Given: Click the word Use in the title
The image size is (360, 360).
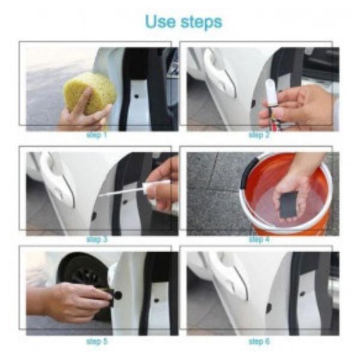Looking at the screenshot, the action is [160, 22].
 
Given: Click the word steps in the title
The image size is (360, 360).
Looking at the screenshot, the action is [202, 23].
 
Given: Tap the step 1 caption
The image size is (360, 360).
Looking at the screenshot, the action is [97, 135].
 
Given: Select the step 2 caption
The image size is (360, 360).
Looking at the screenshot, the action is [259, 135].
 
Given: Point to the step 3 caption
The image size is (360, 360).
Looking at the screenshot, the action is [97, 239].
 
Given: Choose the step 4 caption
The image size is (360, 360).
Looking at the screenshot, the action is [259, 239].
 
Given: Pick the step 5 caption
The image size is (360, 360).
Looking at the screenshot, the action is [97, 341].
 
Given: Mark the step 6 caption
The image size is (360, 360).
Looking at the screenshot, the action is [259, 341].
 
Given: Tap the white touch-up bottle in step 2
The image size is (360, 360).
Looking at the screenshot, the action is [272, 92].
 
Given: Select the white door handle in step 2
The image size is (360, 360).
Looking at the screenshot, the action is [220, 73].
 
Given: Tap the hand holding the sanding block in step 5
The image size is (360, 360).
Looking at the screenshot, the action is [71, 301].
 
